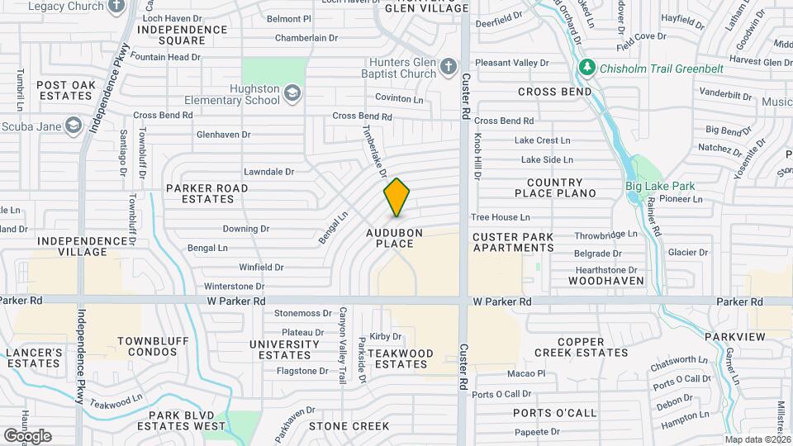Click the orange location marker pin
[x=397, y=197]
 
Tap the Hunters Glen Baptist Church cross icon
[x=449, y=66]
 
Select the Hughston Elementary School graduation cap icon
[x=292, y=93]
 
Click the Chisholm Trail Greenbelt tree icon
[x=587, y=67]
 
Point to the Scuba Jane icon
[x=74, y=126]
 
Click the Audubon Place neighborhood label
[x=395, y=238]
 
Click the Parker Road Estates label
[x=207, y=193]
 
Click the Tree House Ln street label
[x=500, y=217]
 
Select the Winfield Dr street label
[x=261, y=268]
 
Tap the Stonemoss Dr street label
[x=302, y=313]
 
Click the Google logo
[x=27, y=436]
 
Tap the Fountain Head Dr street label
[x=165, y=57]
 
